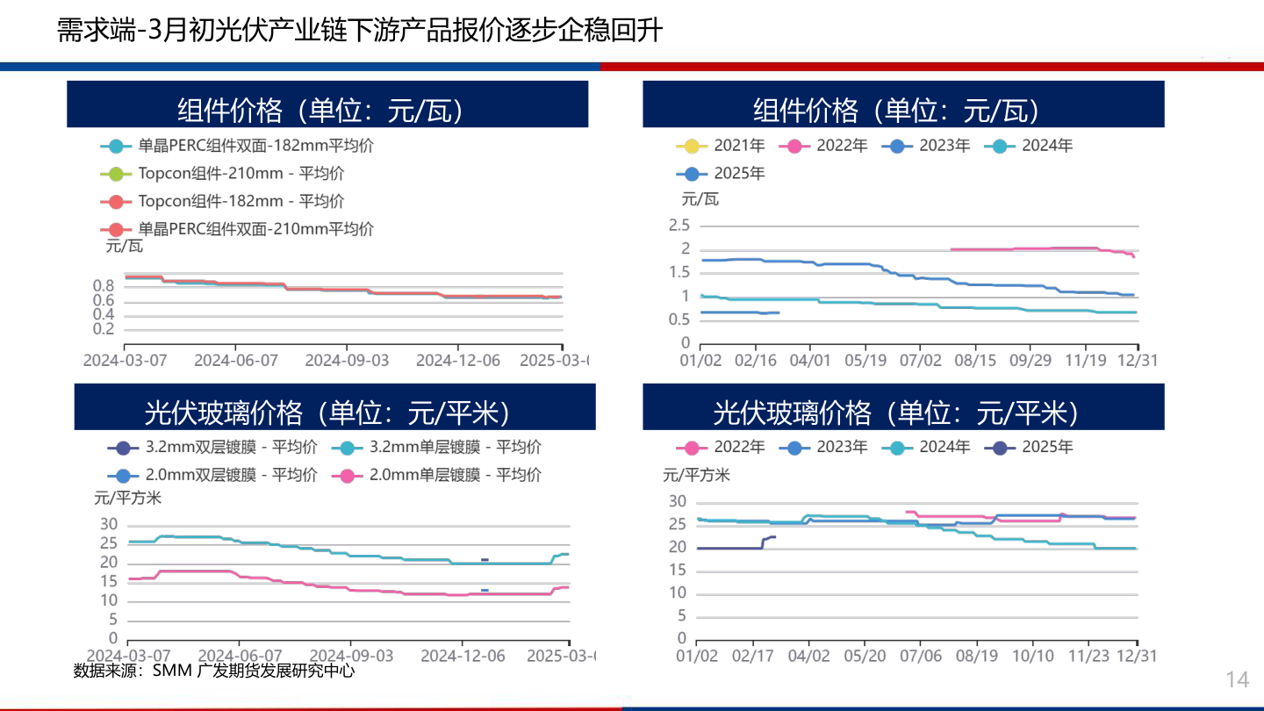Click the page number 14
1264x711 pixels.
[1237, 679]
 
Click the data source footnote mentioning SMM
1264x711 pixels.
[214, 671]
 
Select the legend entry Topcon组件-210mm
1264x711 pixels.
[240, 174]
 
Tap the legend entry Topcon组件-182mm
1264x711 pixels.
[240, 201]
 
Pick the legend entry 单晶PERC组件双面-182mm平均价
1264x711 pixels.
[255, 146]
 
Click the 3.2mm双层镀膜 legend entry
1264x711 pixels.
[231, 447]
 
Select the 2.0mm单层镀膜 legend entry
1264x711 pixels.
[455, 475]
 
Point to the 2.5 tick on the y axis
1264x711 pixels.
[679, 226]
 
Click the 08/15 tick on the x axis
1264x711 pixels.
[974, 360]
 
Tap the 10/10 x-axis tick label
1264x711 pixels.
[1033, 656]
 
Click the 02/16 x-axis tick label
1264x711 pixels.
[755, 360]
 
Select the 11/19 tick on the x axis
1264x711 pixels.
[1086, 360]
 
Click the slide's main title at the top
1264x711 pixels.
[359, 32]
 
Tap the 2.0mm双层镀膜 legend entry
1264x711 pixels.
[231, 475]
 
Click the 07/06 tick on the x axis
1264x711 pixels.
[921, 656]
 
